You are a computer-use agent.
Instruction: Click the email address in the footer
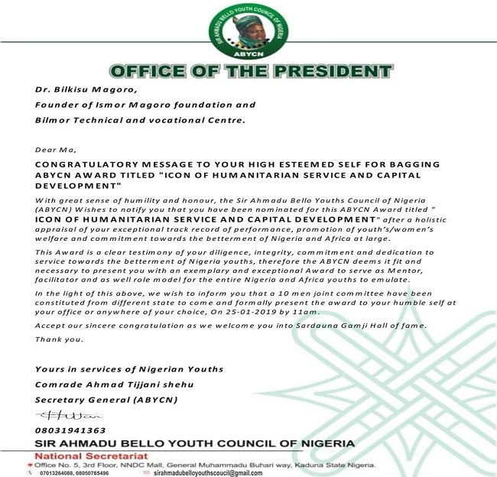[208, 473]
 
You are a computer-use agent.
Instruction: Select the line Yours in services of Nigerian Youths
[118, 369]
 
